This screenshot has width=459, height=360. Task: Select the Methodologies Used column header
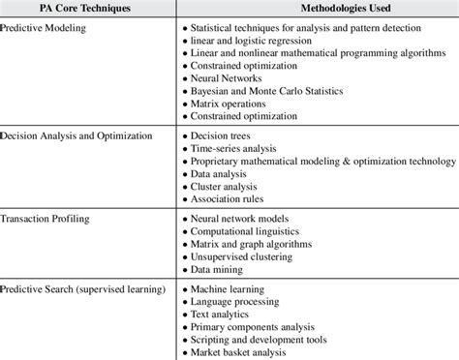click(317, 9)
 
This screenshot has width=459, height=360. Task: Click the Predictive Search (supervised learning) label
click(81, 289)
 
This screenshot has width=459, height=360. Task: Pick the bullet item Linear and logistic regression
click(248, 43)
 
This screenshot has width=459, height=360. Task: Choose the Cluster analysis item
click(229, 186)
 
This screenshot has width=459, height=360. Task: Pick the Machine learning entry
click(231, 289)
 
